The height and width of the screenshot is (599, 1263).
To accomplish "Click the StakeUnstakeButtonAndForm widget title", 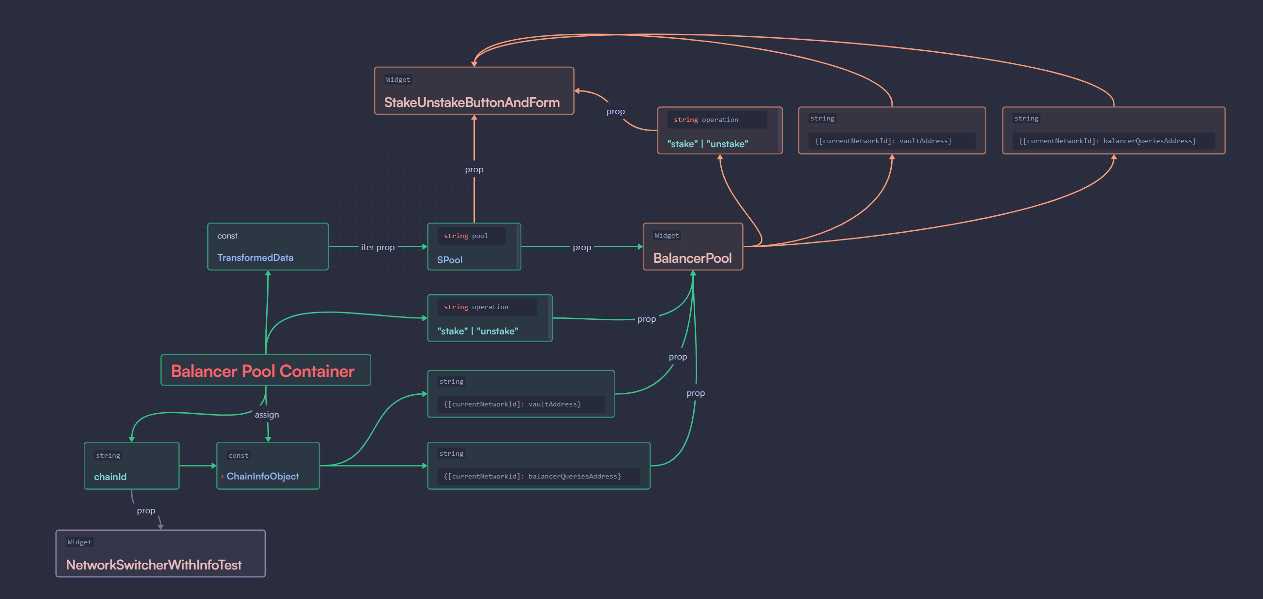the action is pos(472,102).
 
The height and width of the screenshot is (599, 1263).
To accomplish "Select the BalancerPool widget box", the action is pos(692,247).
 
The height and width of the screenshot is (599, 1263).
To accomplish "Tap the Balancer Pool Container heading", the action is pos(263,371).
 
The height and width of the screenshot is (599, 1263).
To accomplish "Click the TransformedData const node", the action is pos(268,247).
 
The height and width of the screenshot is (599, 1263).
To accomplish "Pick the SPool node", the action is pos(473,247).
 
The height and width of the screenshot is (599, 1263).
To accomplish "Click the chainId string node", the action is pos(131,465).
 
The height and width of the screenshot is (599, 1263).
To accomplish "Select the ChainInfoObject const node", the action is pos(268,465).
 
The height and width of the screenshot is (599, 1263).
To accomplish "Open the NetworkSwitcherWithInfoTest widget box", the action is pos(160,554).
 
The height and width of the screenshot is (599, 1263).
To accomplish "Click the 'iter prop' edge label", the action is pos(378,247).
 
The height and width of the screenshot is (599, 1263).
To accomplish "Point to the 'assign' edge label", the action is pos(266,415).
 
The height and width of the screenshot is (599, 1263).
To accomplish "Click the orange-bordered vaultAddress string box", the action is pos(891,130).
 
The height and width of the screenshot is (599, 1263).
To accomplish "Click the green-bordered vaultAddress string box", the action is pos(521,394).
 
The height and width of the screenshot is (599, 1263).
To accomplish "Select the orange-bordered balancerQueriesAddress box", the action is pos(1113,130).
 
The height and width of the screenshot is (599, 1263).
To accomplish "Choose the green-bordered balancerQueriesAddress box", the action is pos(538,465).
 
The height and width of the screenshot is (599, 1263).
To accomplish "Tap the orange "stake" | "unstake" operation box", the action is pos(719,130).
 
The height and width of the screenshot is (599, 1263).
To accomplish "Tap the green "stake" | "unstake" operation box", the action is pos(489,318).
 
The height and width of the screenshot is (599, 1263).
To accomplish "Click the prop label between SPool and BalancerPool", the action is pos(581,247).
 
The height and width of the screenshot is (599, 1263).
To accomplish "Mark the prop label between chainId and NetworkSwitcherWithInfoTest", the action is pos(146,510).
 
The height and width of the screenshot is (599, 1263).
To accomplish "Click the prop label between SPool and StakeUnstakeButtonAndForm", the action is pos(473,169).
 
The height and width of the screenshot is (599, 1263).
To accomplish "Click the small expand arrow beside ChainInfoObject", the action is pos(222,477).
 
